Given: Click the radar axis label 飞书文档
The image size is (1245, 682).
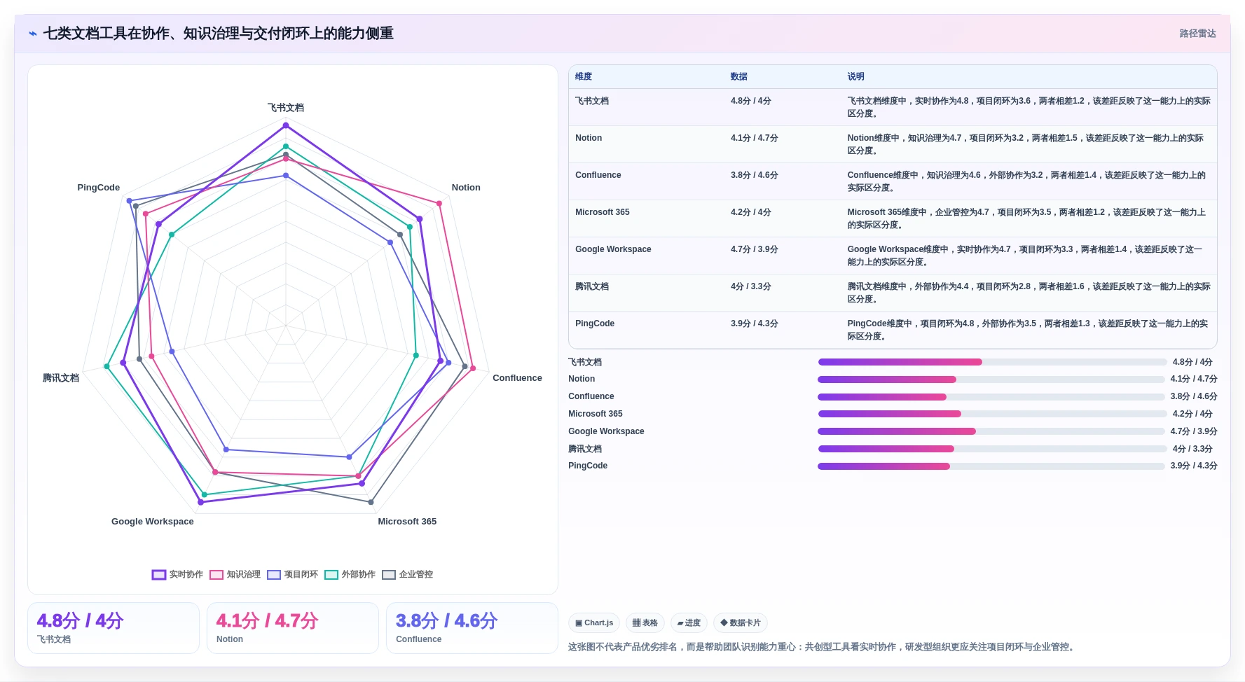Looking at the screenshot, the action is click(x=285, y=108).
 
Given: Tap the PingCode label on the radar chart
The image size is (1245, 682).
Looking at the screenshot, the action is click(x=98, y=188).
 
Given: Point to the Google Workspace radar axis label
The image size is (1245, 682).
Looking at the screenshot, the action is click(x=152, y=522).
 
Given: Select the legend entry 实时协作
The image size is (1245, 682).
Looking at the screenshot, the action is click(x=177, y=574).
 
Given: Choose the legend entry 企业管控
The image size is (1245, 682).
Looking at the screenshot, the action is click(x=407, y=574).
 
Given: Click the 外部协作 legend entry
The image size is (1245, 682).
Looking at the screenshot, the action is click(x=350, y=574).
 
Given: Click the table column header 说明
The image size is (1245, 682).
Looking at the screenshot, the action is click(x=855, y=76).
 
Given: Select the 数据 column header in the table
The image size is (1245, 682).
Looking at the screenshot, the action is click(x=738, y=76).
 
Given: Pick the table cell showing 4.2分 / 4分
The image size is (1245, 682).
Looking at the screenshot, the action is click(x=750, y=212).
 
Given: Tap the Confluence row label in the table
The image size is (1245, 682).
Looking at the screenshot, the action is click(x=598, y=175).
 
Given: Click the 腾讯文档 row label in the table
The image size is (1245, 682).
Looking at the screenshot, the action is click(x=592, y=286).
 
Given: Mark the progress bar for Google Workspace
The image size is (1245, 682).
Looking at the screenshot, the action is click(x=992, y=431).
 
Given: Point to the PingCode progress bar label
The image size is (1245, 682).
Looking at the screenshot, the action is click(x=588, y=466).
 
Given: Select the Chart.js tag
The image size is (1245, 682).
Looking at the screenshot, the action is click(x=594, y=622).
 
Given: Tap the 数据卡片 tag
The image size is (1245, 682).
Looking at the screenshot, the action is click(x=740, y=622).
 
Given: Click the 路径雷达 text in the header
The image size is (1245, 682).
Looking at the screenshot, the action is click(x=1197, y=34).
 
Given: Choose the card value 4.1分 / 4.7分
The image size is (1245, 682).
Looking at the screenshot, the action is click(x=267, y=621).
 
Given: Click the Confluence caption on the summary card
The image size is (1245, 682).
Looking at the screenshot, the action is click(x=418, y=639).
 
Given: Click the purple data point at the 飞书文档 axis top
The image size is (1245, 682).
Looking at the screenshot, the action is click(x=285, y=125).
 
